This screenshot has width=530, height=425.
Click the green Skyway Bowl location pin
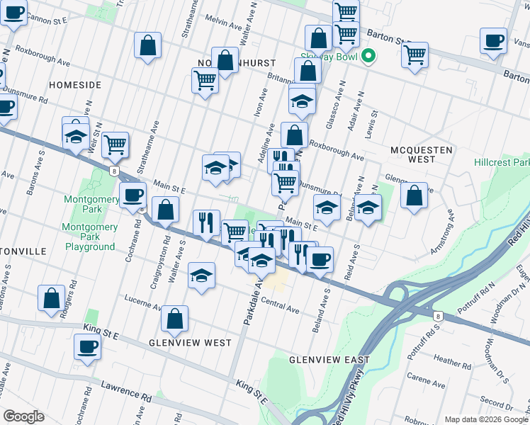click(368, 57)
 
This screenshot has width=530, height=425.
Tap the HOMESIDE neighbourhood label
click(75, 84)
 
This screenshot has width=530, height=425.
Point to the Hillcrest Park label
click(502, 162)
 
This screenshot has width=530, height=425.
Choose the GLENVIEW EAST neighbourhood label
click(329, 360)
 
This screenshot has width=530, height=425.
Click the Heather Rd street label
click(449, 361)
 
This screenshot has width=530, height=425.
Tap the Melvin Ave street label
click(222, 22)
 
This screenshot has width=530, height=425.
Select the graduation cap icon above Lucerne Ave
click(202, 275)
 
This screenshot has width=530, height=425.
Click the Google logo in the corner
click(23, 416)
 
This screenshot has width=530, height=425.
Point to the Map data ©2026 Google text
click(486, 419)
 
